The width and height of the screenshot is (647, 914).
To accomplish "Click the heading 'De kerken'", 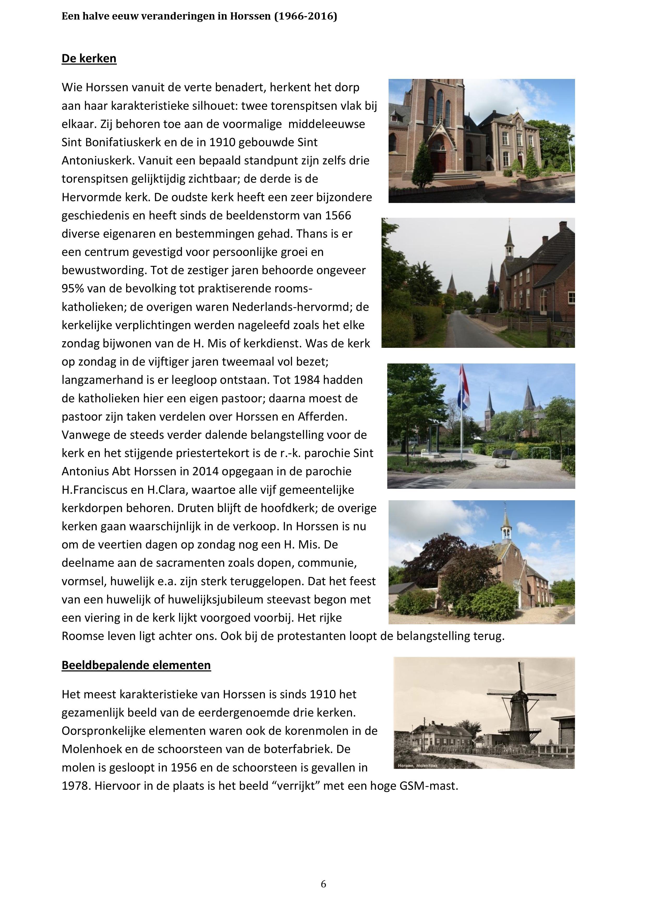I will coord(89,59).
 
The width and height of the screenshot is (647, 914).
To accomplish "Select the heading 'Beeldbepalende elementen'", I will coord(136,665).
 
